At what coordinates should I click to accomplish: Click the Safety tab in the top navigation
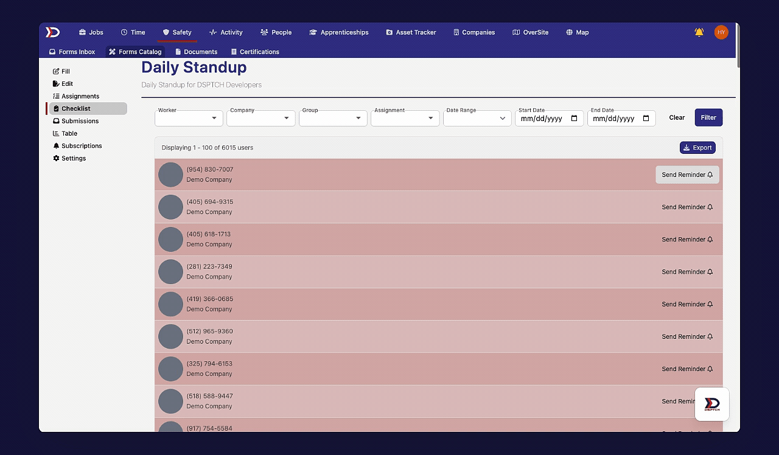coord(177,32)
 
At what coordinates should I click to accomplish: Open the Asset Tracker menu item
coord(411,32)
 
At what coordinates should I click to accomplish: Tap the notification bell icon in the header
coord(699,32)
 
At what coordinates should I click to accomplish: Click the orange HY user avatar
coord(721,32)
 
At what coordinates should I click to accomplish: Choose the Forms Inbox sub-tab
coord(72,52)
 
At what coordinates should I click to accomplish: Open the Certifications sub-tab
coord(255,52)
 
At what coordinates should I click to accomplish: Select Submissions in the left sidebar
coord(80,121)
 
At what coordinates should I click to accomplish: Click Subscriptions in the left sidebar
coord(82,146)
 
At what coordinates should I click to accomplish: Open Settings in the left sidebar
coord(74,158)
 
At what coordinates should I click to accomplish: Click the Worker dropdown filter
coord(189,118)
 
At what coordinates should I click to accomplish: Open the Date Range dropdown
coord(477,118)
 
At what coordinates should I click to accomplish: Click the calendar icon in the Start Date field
coord(574,118)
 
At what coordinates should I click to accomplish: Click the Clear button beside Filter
coord(677,117)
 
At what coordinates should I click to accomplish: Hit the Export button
coord(697,147)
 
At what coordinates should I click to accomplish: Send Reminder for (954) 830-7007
coord(687,175)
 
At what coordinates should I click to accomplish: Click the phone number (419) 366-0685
coord(210,299)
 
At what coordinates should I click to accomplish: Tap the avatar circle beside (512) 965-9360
coord(170,336)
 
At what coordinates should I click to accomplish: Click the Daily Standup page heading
coord(194,68)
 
